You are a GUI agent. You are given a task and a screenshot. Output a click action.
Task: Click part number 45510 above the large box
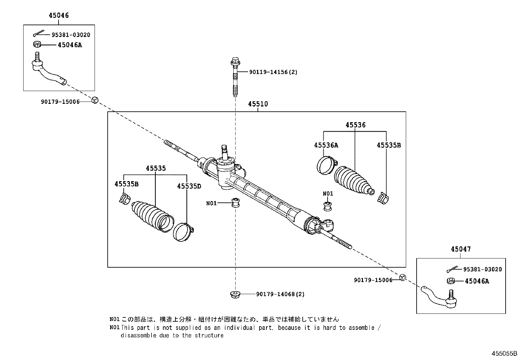pos(258,104)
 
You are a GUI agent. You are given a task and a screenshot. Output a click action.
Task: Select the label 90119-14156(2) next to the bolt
pos(273,72)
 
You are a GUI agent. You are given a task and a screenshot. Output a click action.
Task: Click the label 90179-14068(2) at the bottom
pos(280,294)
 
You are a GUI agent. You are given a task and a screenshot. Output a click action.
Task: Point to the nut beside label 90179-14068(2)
pos(235,294)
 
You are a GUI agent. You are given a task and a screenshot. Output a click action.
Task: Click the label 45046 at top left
pos(59,15)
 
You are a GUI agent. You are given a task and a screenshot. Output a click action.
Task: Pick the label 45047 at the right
pos(461,249)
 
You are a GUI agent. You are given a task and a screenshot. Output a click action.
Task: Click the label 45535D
pos(189,186)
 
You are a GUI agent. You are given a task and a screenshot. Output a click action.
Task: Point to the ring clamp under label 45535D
pos(183,232)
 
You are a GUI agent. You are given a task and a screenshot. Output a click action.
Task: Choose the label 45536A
pos(326,145)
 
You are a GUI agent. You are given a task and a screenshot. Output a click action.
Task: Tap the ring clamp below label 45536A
pos(326,165)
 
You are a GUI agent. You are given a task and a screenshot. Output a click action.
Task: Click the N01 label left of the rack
pos(211,203)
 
